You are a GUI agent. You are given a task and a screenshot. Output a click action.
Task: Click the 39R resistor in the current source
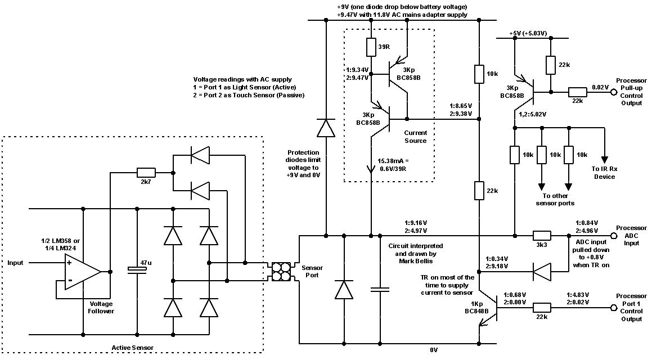[371, 47]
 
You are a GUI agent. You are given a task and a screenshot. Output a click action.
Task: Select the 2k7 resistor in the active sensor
[146, 172]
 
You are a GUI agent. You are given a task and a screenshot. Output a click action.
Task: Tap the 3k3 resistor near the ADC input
[542, 236]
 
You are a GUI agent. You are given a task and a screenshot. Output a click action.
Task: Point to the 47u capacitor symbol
[137, 269]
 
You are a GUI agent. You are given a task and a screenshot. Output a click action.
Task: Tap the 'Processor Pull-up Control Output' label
[631, 92]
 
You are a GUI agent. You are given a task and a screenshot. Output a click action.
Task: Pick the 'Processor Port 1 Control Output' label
[631, 308]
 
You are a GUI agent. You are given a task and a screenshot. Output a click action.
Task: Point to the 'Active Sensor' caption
[134, 348]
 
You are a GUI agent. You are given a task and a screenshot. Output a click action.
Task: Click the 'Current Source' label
[415, 137]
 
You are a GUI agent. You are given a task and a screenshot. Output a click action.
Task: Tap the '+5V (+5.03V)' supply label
[528, 34]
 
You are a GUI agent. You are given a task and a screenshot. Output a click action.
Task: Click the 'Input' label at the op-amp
[17, 263]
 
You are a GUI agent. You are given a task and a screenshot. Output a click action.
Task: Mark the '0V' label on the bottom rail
[434, 350]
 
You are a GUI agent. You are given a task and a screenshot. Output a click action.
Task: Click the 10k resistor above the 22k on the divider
[478, 74]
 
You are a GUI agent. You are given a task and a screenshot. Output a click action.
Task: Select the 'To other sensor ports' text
[554, 199]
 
